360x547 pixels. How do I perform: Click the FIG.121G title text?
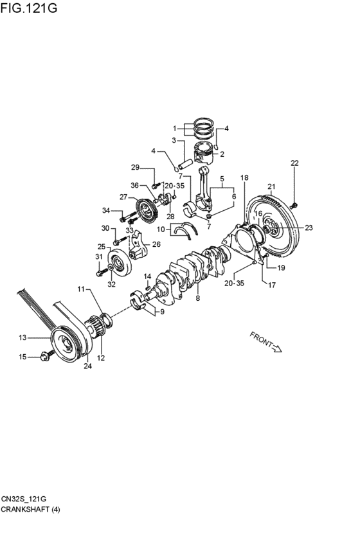click(x=28, y=7)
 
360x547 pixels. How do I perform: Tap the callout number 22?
click(x=294, y=163)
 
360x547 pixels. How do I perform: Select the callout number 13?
click(x=22, y=337)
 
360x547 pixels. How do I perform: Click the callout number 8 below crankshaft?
click(x=198, y=298)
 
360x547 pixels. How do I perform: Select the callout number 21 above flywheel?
click(x=272, y=186)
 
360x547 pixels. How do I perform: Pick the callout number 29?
click(x=135, y=168)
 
